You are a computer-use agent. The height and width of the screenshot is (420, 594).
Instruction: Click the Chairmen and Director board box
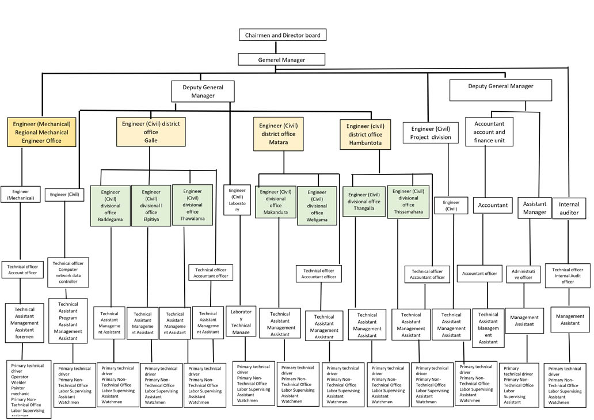click(x=283, y=35)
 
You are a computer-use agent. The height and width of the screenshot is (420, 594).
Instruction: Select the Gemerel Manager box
click(x=281, y=59)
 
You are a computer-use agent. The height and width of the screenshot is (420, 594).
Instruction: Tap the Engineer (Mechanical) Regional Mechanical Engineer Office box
click(x=41, y=132)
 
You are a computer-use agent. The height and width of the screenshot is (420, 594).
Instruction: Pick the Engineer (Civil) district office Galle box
click(x=151, y=131)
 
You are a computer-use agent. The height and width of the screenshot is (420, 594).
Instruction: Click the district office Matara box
click(x=278, y=134)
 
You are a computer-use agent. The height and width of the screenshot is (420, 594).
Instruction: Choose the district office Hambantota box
click(x=364, y=135)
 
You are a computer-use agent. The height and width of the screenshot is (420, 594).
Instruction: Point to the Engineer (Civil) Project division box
click(x=431, y=133)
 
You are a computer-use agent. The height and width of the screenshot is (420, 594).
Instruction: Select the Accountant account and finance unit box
click(x=489, y=132)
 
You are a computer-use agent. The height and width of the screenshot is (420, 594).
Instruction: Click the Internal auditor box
click(x=569, y=208)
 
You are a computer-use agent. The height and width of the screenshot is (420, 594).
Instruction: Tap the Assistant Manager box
click(x=534, y=208)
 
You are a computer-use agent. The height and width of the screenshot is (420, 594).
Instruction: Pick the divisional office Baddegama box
click(x=111, y=206)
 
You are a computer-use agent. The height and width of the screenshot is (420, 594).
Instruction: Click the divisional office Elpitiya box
click(x=151, y=206)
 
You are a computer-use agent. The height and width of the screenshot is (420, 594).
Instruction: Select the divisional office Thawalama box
click(x=192, y=205)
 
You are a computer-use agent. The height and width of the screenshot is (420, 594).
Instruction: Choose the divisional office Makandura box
click(x=276, y=202)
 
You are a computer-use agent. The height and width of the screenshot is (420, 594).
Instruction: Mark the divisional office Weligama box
click(x=317, y=205)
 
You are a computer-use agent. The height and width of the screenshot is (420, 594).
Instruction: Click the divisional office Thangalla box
click(x=364, y=201)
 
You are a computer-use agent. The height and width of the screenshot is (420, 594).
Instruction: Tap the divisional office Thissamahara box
click(x=408, y=201)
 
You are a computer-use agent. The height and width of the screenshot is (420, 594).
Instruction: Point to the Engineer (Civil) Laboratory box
click(x=237, y=200)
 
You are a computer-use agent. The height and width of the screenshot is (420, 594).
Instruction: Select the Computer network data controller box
click(x=68, y=273)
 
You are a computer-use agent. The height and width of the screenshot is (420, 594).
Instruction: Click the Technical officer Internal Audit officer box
click(x=568, y=275)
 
